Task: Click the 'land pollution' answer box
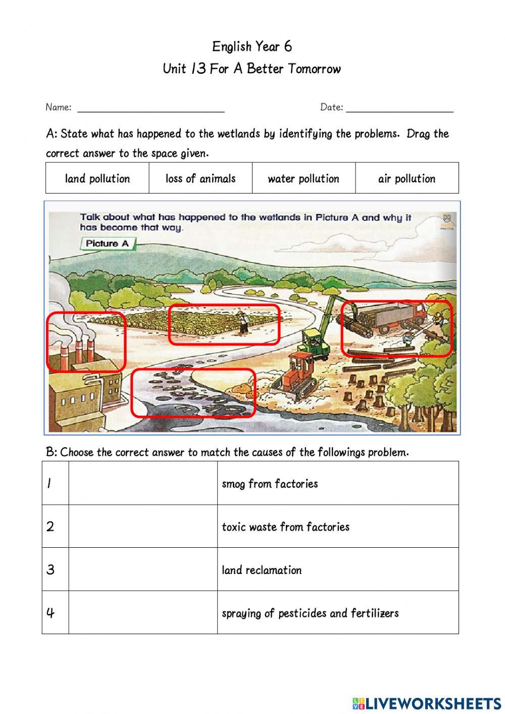[97, 178]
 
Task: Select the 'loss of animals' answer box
[200, 178]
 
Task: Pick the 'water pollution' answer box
[304, 178]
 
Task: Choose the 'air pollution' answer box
[407, 178]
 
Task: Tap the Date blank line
[399, 108]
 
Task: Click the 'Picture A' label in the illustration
[107, 244]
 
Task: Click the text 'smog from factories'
[270, 484]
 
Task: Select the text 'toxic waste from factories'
[285, 527]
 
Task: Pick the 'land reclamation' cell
[262, 570]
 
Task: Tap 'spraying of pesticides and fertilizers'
[310, 613]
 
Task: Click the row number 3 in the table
[50, 569]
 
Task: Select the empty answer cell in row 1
[143, 483]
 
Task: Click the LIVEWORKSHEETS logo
[427, 703]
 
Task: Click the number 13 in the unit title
[198, 69]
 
